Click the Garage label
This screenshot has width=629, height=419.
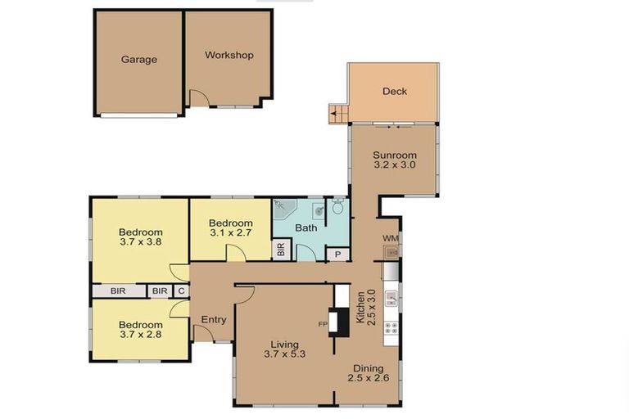click(x=138, y=59)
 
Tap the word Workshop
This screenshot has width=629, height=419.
click(x=229, y=56)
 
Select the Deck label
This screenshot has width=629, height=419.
click(x=395, y=92)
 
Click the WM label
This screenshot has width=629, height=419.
click(x=390, y=238)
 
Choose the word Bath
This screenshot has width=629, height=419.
click(x=306, y=228)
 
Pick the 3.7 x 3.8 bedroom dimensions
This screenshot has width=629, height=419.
click(x=140, y=242)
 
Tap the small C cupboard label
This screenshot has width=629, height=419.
click(x=180, y=291)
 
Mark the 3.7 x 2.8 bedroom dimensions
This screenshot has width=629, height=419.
click(x=140, y=333)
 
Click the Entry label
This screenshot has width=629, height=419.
click(x=213, y=319)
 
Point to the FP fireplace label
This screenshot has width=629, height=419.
click(x=324, y=324)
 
